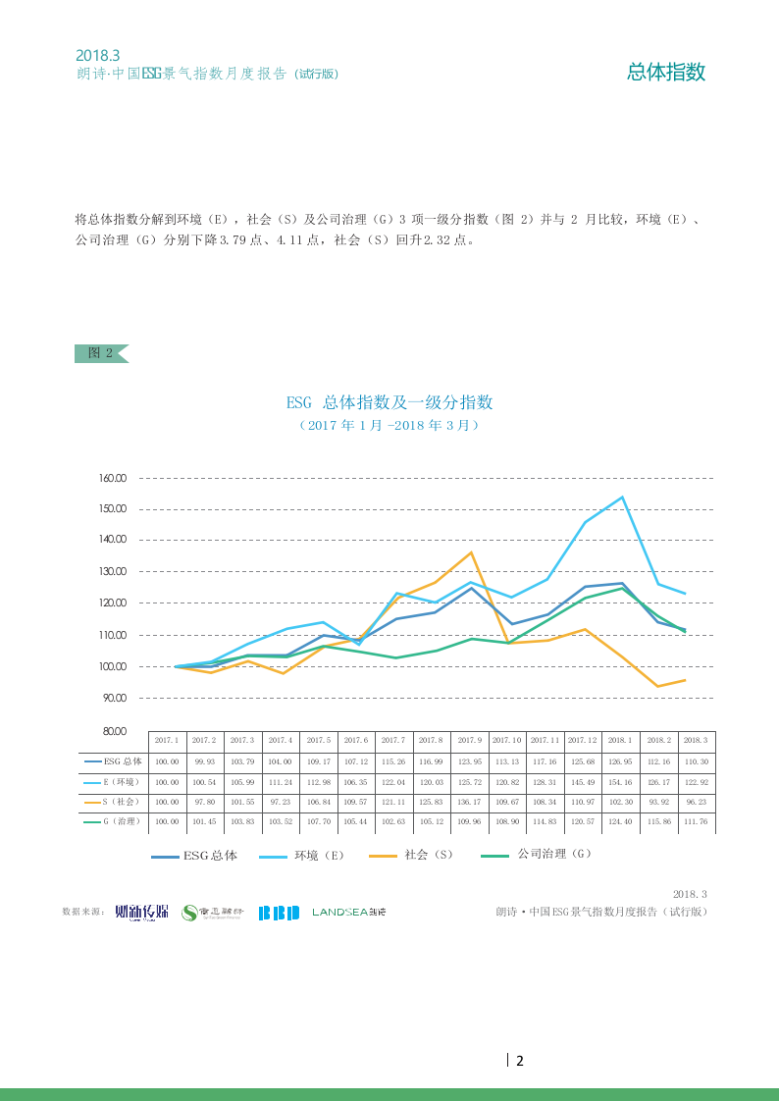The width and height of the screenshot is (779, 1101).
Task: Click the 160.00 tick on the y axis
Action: [x=113, y=478]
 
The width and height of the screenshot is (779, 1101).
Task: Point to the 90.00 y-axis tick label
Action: [x=113, y=698]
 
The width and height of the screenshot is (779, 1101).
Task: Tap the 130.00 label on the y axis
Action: [x=113, y=571]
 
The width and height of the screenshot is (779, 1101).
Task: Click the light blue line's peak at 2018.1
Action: [x=621, y=497]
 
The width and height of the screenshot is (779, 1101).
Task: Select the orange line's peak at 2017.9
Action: [x=471, y=552]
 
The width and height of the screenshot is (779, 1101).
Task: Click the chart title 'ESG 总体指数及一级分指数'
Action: [x=389, y=402]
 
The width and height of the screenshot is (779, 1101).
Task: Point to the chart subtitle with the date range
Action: [x=389, y=426]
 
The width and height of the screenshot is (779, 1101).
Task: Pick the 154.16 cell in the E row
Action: [x=621, y=781]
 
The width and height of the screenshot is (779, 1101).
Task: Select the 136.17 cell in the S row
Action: [x=470, y=802]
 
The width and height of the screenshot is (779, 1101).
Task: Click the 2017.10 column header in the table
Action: [x=507, y=740]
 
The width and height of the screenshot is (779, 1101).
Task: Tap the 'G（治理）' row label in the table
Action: [x=114, y=821]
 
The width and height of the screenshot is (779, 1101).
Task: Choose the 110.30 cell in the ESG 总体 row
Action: [x=696, y=760]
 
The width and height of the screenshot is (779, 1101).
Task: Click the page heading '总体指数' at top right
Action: [x=666, y=72]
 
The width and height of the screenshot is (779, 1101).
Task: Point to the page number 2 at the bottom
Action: [x=520, y=1061]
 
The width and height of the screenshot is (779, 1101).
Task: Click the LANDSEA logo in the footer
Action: [x=349, y=913]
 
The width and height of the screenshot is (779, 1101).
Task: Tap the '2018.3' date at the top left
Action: [x=97, y=56]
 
